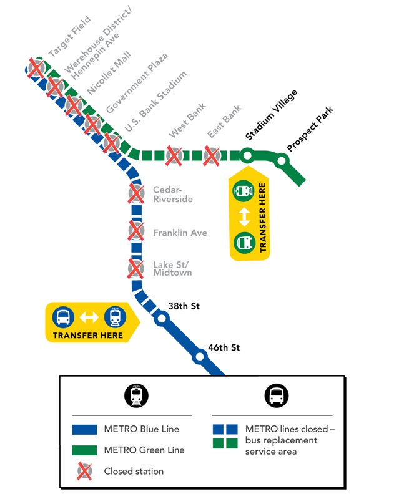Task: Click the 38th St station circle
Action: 162,319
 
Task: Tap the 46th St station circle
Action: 200,357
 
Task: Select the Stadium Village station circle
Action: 247,155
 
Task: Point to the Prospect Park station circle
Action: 282,162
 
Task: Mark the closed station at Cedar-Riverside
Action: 135,193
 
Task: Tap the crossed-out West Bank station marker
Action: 173,155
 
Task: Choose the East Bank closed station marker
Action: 211,155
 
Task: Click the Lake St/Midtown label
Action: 172,269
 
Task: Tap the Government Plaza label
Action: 136,84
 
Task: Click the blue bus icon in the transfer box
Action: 64,317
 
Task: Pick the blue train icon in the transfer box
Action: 114,317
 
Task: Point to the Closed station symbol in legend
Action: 84,471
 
